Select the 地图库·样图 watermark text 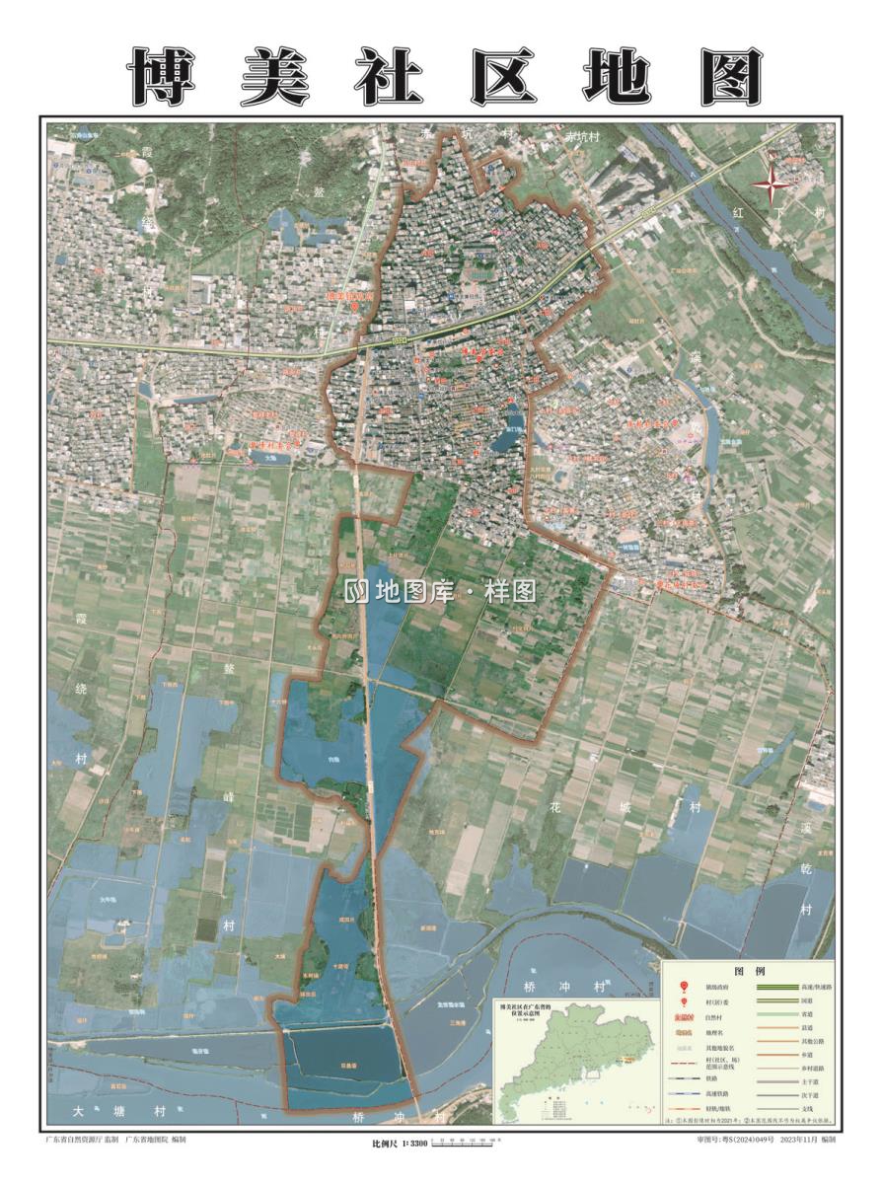tap(441, 591)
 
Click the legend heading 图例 tap(750, 970)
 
